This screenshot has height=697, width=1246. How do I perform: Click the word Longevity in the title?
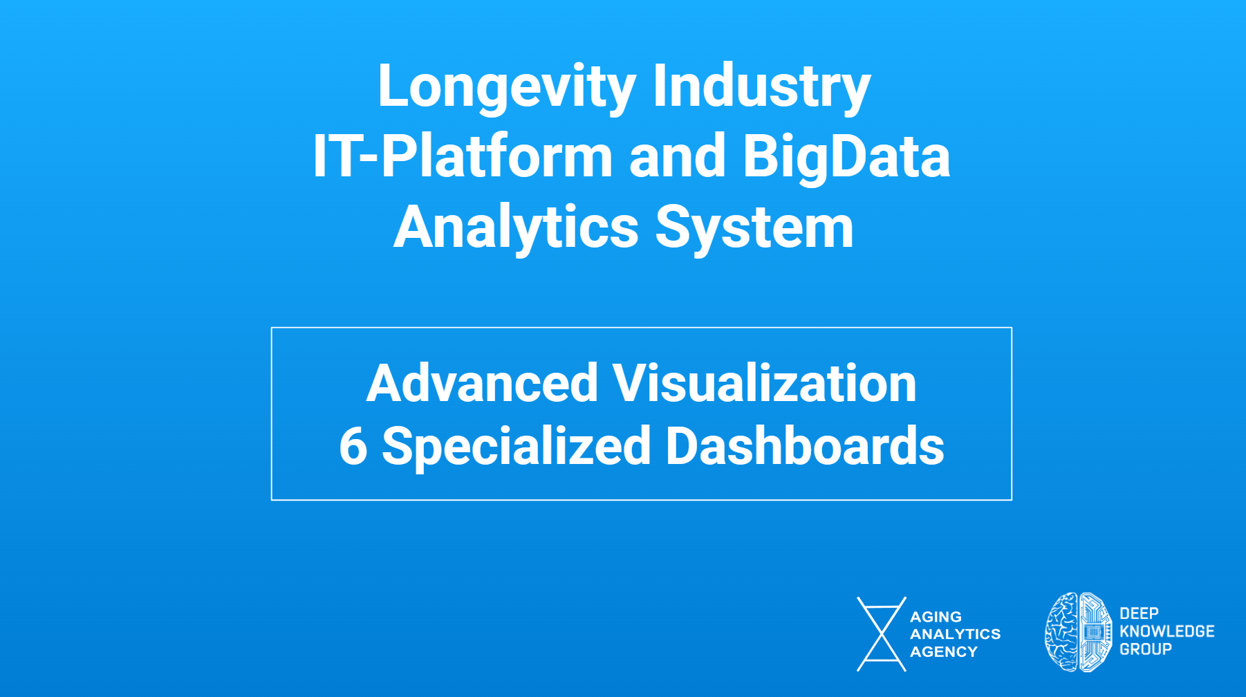[507, 88]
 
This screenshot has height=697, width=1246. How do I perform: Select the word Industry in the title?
[761, 88]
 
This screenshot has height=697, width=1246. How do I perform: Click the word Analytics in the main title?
[517, 229]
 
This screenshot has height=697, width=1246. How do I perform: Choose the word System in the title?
[754, 229]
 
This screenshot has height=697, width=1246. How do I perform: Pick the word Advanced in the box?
[482, 383]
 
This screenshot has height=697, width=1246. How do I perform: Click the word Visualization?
[765, 383]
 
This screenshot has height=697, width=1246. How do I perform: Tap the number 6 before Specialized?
[353, 446]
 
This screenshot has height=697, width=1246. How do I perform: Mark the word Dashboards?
[805, 446]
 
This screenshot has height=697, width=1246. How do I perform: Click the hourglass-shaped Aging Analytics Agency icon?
[881, 634]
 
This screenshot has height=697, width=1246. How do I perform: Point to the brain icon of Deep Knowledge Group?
[1078, 632]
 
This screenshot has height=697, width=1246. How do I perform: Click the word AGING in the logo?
[936, 617]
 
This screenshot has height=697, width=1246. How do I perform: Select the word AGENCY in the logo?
[944, 652]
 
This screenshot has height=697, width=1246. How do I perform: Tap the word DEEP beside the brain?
[1139, 613]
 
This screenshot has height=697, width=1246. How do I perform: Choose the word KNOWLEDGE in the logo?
[1167, 631]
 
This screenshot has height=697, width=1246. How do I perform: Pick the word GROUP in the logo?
[1146, 649]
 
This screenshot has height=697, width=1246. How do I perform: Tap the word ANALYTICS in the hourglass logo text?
[955, 634]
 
